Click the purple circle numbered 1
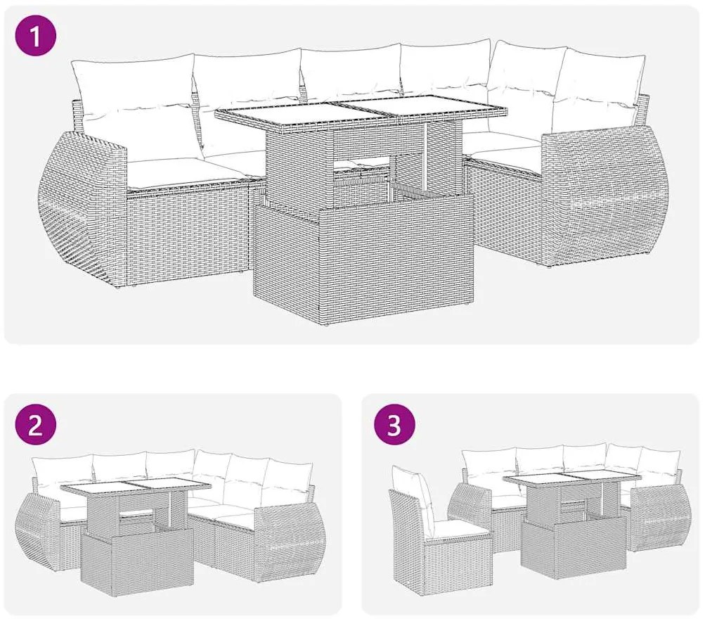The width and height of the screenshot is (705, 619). click(x=36, y=36)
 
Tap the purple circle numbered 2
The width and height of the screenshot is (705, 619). click(x=36, y=425)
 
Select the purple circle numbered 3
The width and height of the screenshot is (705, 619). click(x=394, y=425)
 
